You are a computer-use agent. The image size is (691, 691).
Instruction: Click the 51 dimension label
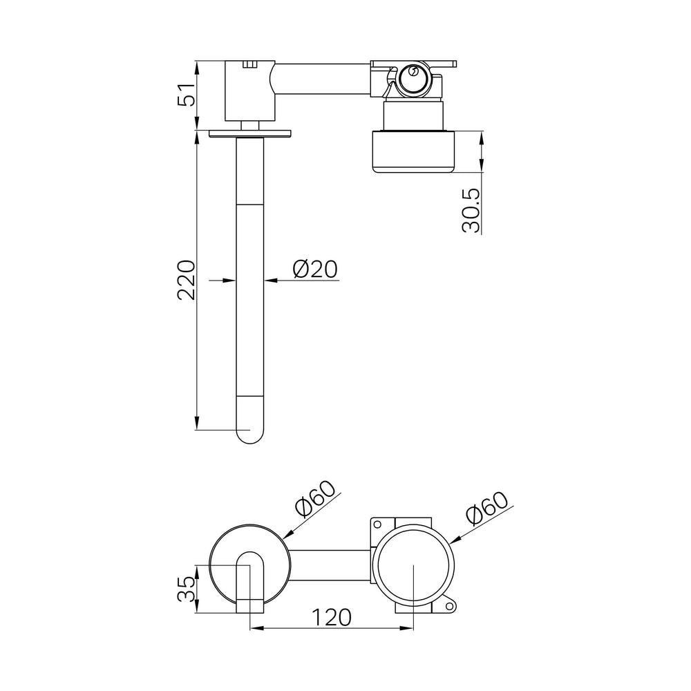tap(186, 94)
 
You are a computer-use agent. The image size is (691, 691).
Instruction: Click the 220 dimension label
tap(186, 281)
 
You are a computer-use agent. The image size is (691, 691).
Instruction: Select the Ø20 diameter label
tap(315, 269)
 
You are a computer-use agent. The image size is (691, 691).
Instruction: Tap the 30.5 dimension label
tap(471, 211)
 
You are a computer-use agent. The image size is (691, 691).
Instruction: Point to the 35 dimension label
tap(186, 589)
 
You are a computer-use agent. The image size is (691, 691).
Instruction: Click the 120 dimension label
tap(332, 617)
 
